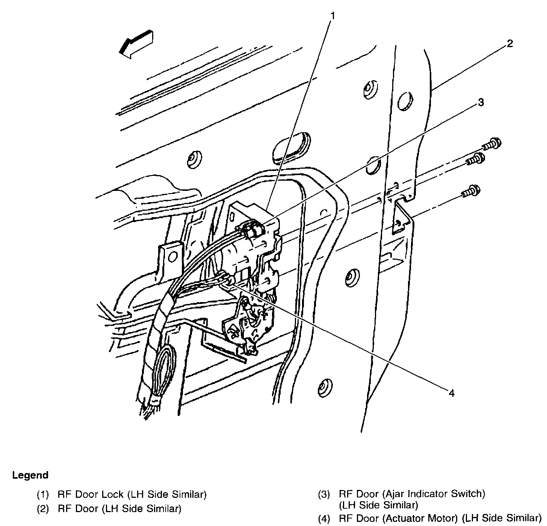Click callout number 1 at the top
point(332,16)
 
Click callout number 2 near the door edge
point(509,44)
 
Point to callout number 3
point(481,102)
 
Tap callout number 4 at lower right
point(451,393)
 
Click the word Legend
point(30,475)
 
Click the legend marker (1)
point(43,494)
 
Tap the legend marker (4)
point(324,520)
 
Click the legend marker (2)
point(43,509)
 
